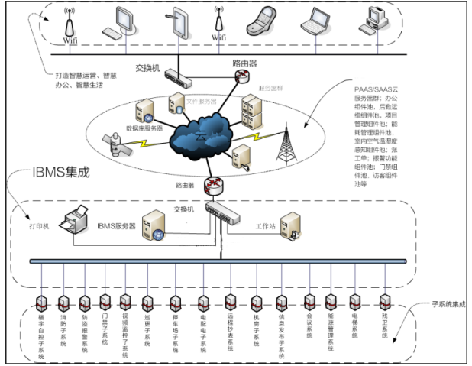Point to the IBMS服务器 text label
coord(115,227)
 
